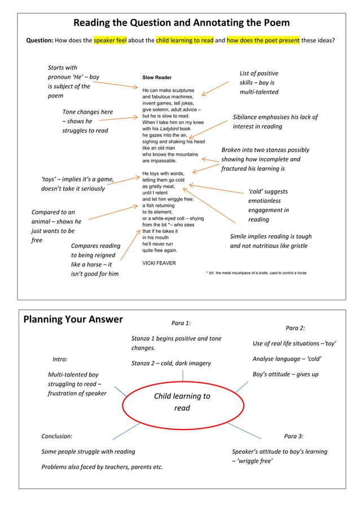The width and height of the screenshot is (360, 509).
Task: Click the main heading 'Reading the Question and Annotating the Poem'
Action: point(181,23)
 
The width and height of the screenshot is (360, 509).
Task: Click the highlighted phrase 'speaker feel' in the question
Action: point(109,40)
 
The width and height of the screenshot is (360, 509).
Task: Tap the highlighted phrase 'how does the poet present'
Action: point(262,40)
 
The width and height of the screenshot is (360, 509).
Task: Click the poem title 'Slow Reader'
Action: point(157,77)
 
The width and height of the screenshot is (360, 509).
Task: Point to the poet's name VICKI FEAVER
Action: point(159,263)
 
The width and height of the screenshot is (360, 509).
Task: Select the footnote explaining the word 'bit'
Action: point(256,273)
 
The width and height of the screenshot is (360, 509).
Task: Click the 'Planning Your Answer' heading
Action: point(73,319)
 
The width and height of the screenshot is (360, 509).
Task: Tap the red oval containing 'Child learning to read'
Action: point(182,402)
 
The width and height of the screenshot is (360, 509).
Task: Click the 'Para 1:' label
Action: point(181,323)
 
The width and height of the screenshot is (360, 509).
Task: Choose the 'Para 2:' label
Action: point(295,328)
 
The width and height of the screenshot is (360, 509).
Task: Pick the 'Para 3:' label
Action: point(293,436)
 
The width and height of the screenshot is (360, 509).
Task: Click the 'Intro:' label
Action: point(60,359)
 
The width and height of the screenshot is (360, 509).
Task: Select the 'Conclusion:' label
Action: point(57,436)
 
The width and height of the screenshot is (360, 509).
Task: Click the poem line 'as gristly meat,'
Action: point(159,186)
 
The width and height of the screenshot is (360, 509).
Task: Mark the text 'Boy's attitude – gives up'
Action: point(285,374)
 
